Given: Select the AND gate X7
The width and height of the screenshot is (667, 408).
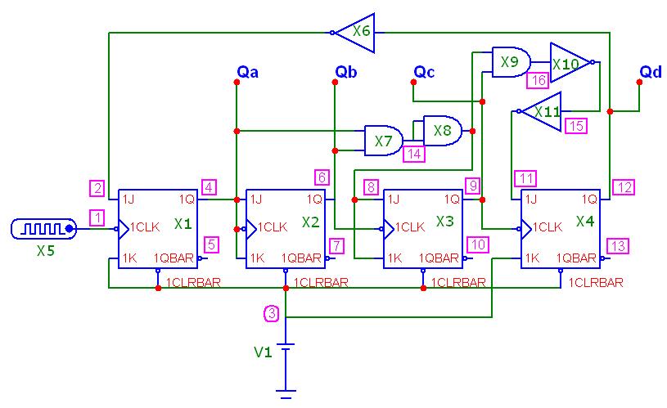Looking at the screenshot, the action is point(384,141).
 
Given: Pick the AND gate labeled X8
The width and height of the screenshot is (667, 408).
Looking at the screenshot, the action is point(443,131).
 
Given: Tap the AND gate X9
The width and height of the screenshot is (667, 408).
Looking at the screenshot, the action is point(511,62).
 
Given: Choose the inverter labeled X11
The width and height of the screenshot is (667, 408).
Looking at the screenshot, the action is point(540,111).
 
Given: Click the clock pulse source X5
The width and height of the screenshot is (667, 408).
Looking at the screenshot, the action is point(44,229).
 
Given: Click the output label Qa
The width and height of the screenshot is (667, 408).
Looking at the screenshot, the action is point(248,72).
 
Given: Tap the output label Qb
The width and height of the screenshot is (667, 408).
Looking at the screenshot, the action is point(346,72).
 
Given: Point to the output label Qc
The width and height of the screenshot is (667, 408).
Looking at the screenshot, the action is point(424,72).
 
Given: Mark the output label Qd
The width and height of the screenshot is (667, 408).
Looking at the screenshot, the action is point(651,72).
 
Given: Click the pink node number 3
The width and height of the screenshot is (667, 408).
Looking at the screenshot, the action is point(272,314).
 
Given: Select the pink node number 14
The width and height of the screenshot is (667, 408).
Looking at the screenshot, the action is point(414,154).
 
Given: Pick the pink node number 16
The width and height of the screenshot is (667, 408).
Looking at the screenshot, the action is point(539,80).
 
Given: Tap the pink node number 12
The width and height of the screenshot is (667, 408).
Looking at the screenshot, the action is point(624,187).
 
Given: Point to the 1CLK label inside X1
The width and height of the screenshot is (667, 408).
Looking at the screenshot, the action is point(145,227).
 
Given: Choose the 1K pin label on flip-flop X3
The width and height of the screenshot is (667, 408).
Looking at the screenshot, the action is point(394,258).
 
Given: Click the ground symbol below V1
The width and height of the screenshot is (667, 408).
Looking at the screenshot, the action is point(286,394).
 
